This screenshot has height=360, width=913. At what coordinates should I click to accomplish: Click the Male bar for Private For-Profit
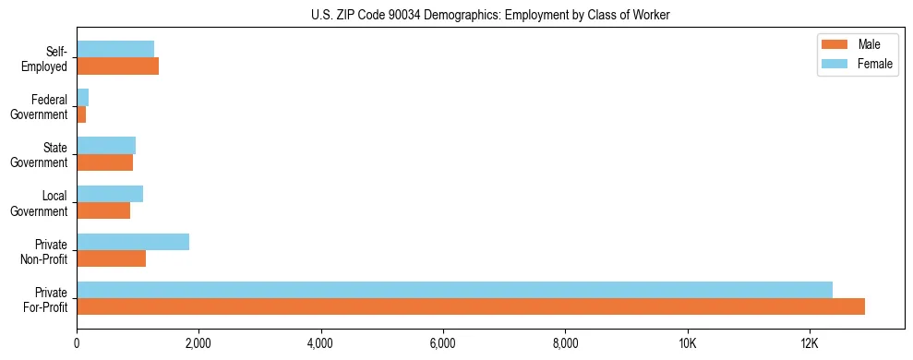coord(471,306)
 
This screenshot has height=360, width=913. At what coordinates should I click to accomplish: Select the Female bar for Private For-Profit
coord(454,290)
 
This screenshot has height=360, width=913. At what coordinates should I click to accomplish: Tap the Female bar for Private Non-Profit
coord(133,242)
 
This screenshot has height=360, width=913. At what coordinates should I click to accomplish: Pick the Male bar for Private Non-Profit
coord(111,258)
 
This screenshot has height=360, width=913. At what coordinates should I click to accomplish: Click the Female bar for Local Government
coord(110,194)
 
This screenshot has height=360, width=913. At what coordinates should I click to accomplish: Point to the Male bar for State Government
coord(104,162)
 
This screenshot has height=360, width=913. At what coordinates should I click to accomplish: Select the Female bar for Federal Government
coord(83,98)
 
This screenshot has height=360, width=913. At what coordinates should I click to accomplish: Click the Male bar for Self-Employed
coord(117,66)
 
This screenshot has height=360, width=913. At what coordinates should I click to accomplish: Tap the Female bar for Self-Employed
coord(115,50)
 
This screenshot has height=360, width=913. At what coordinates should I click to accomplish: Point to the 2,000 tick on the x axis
coord(198,343)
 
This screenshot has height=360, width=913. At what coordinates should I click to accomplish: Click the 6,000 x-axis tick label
coord(443,343)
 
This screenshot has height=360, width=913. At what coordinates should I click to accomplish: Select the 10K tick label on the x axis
coord(687,343)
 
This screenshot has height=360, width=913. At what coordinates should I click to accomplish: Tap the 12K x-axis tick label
coord(810,343)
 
